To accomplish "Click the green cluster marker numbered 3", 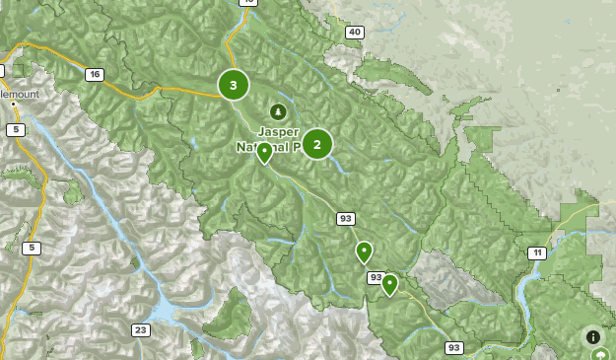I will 234,85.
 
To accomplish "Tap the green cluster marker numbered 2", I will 316,144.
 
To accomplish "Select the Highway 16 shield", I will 95,74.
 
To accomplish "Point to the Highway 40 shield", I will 354,33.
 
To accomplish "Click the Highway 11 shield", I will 535,253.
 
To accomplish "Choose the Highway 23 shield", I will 141,329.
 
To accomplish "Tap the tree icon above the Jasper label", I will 278,111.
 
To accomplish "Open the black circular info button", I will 592,336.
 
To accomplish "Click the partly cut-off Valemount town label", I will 20,93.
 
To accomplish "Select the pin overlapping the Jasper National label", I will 264,152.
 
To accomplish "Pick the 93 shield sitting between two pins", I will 376,278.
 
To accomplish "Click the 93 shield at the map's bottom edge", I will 453,347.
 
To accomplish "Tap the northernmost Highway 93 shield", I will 345,218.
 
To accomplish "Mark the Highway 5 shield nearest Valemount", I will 15,129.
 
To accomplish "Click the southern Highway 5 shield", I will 32,248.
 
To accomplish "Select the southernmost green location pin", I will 389,285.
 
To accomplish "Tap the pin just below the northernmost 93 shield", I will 364,252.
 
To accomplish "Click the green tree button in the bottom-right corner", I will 600,354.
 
